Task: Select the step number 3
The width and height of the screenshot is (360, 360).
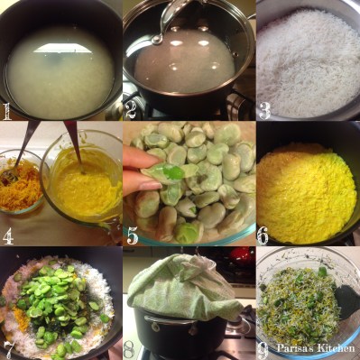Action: coord(264,111)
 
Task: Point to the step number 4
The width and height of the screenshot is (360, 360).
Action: coord(8,236)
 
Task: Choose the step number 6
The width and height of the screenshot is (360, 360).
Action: coord(263,236)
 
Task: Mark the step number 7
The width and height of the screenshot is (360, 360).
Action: coord(8,350)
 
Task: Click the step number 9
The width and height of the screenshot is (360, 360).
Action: coord(263,350)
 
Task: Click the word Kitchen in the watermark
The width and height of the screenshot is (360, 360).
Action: coord(337,348)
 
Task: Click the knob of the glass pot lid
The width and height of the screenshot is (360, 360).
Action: coord(157,39)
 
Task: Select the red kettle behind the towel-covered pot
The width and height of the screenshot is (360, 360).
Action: coord(240,254)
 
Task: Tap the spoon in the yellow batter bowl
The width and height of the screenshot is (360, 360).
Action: coord(73,146)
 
